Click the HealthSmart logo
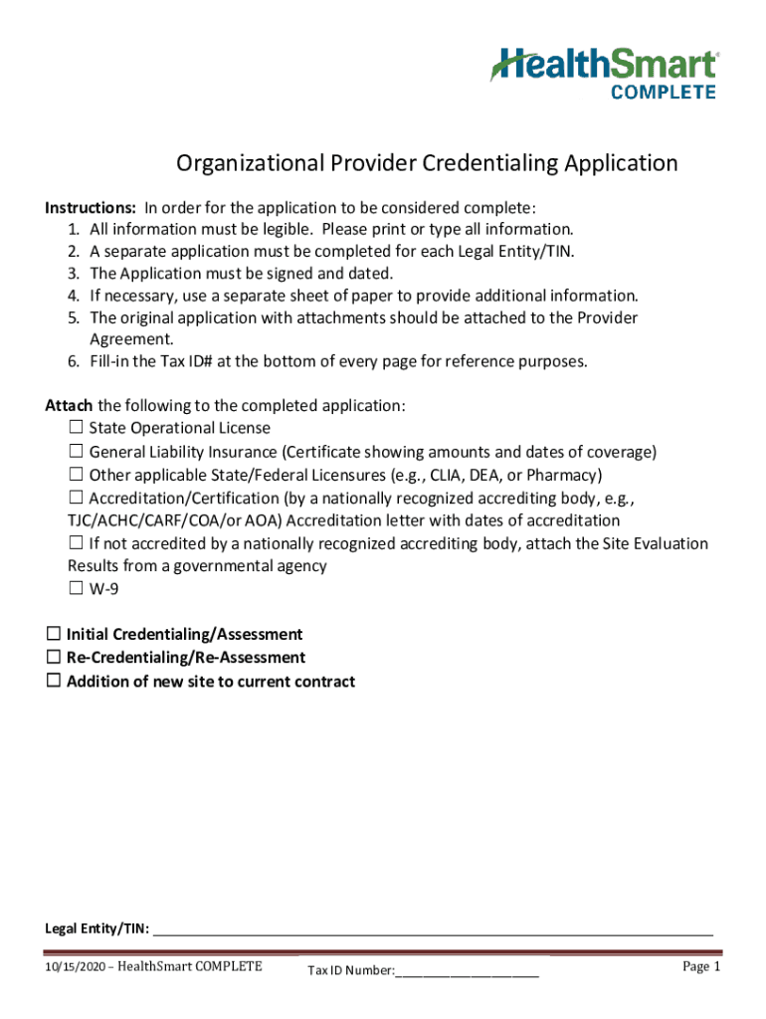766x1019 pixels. (x=603, y=65)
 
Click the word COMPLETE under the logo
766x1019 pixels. (x=662, y=93)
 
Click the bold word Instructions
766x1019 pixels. (x=91, y=208)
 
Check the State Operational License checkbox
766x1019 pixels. (x=76, y=428)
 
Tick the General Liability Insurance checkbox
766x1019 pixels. (x=76, y=452)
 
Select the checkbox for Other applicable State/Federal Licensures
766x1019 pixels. (x=76, y=475)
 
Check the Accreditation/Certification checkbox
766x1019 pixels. (x=76, y=498)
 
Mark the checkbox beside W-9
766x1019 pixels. (x=76, y=588)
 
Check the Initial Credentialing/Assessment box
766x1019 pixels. (x=54, y=634)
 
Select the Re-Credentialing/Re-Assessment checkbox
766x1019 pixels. (x=54, y=658)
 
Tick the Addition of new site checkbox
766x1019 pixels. (x=54, y=682)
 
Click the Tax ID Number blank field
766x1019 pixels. (x=467, y=971)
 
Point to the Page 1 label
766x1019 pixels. (x=700, y=966)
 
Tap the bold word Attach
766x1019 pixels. (x=69, y=406)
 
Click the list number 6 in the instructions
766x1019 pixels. (x=73, y=361)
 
